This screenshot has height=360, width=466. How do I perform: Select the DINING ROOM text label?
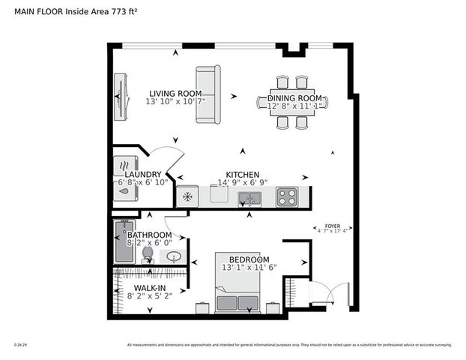pos(295,98)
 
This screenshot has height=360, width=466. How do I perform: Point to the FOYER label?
pos(332,225)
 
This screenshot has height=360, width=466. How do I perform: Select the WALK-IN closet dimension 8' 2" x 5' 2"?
pos(149,295)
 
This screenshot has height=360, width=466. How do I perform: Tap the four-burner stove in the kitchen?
pos(287,196)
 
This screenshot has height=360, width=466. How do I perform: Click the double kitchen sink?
pos(249,198)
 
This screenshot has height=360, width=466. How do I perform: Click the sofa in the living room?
pos(208,94)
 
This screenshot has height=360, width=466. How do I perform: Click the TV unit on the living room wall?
pos(119,94)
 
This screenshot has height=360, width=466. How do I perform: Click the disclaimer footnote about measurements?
pos(289,345)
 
